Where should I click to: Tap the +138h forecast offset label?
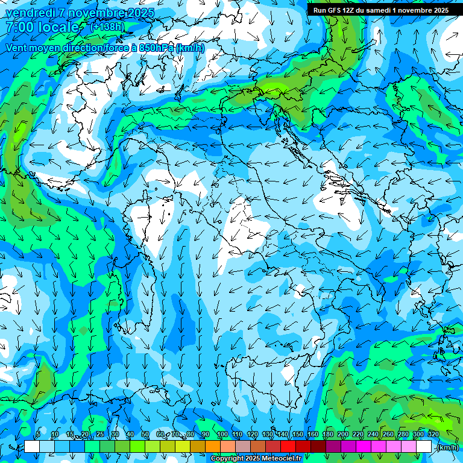(108, 27)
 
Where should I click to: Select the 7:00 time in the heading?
(19, 27)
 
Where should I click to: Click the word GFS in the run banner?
(334, 10)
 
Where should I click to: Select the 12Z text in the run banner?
(349, 10)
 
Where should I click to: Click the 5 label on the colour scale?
(38, 434)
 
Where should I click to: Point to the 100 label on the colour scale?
(222, 434)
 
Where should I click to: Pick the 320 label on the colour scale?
(433, 434)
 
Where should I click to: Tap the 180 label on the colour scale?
(327, 434)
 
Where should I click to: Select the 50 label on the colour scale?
(145, 434)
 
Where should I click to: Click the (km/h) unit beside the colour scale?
(447, 447)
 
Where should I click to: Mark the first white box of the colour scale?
(32, 447)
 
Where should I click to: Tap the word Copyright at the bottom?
(226, 459)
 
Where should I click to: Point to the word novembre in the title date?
(90, 13)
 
